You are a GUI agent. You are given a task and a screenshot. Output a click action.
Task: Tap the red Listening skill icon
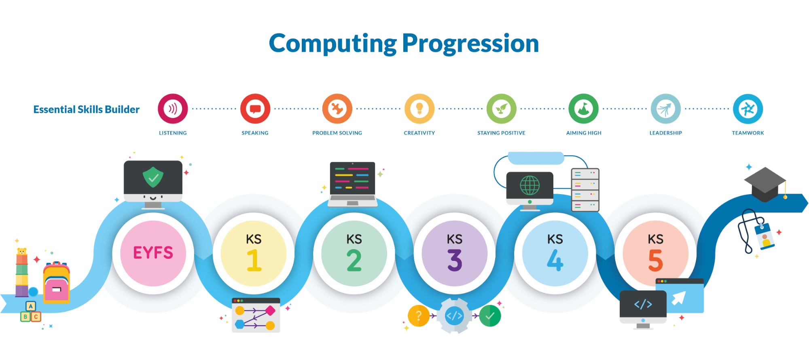[173, 109]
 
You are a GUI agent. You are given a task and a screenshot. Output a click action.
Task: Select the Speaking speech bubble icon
[255, 109]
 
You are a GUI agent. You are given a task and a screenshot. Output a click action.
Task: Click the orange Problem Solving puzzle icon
[337, 109]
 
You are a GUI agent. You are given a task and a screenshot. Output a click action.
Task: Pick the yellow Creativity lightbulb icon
[419, 109]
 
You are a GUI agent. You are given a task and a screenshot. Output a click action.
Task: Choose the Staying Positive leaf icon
[502, 109]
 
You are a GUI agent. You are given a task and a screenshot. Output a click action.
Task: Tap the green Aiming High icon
[584, 109]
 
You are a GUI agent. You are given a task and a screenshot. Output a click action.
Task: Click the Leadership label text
[666, 133]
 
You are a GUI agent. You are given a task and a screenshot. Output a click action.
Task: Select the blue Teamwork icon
[748, 109]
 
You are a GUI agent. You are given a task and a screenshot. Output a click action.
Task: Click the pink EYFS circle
[153, 254]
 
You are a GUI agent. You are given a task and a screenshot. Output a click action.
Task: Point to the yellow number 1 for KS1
[254, 260]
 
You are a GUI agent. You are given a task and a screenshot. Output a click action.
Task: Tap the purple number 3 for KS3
[455, 260]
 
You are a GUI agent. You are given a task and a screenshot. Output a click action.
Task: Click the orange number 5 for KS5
[655, 260]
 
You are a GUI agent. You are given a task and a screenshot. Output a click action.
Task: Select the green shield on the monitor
[153, 177]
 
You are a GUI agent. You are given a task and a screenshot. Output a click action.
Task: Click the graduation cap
[765, 184]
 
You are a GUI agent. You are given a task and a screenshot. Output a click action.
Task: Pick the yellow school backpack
[57, 282]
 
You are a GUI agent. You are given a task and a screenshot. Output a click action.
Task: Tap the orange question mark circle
[419, 316]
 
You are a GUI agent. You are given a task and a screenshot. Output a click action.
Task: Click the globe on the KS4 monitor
[530, 186]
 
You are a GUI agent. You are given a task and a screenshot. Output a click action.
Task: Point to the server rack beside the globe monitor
[585, 190]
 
